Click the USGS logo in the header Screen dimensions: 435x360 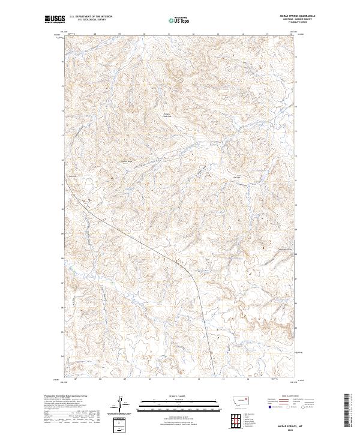tap(55, 20)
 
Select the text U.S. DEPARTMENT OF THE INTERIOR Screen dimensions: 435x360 tap(91, 17)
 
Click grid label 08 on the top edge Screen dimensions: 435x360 tap(95, 34)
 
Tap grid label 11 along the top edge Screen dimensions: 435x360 tap(169, 34)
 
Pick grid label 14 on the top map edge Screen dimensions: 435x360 tap(242, 34)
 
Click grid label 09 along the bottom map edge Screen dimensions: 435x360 tap(125, 379)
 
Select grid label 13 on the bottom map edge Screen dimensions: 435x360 tap(223, 379)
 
